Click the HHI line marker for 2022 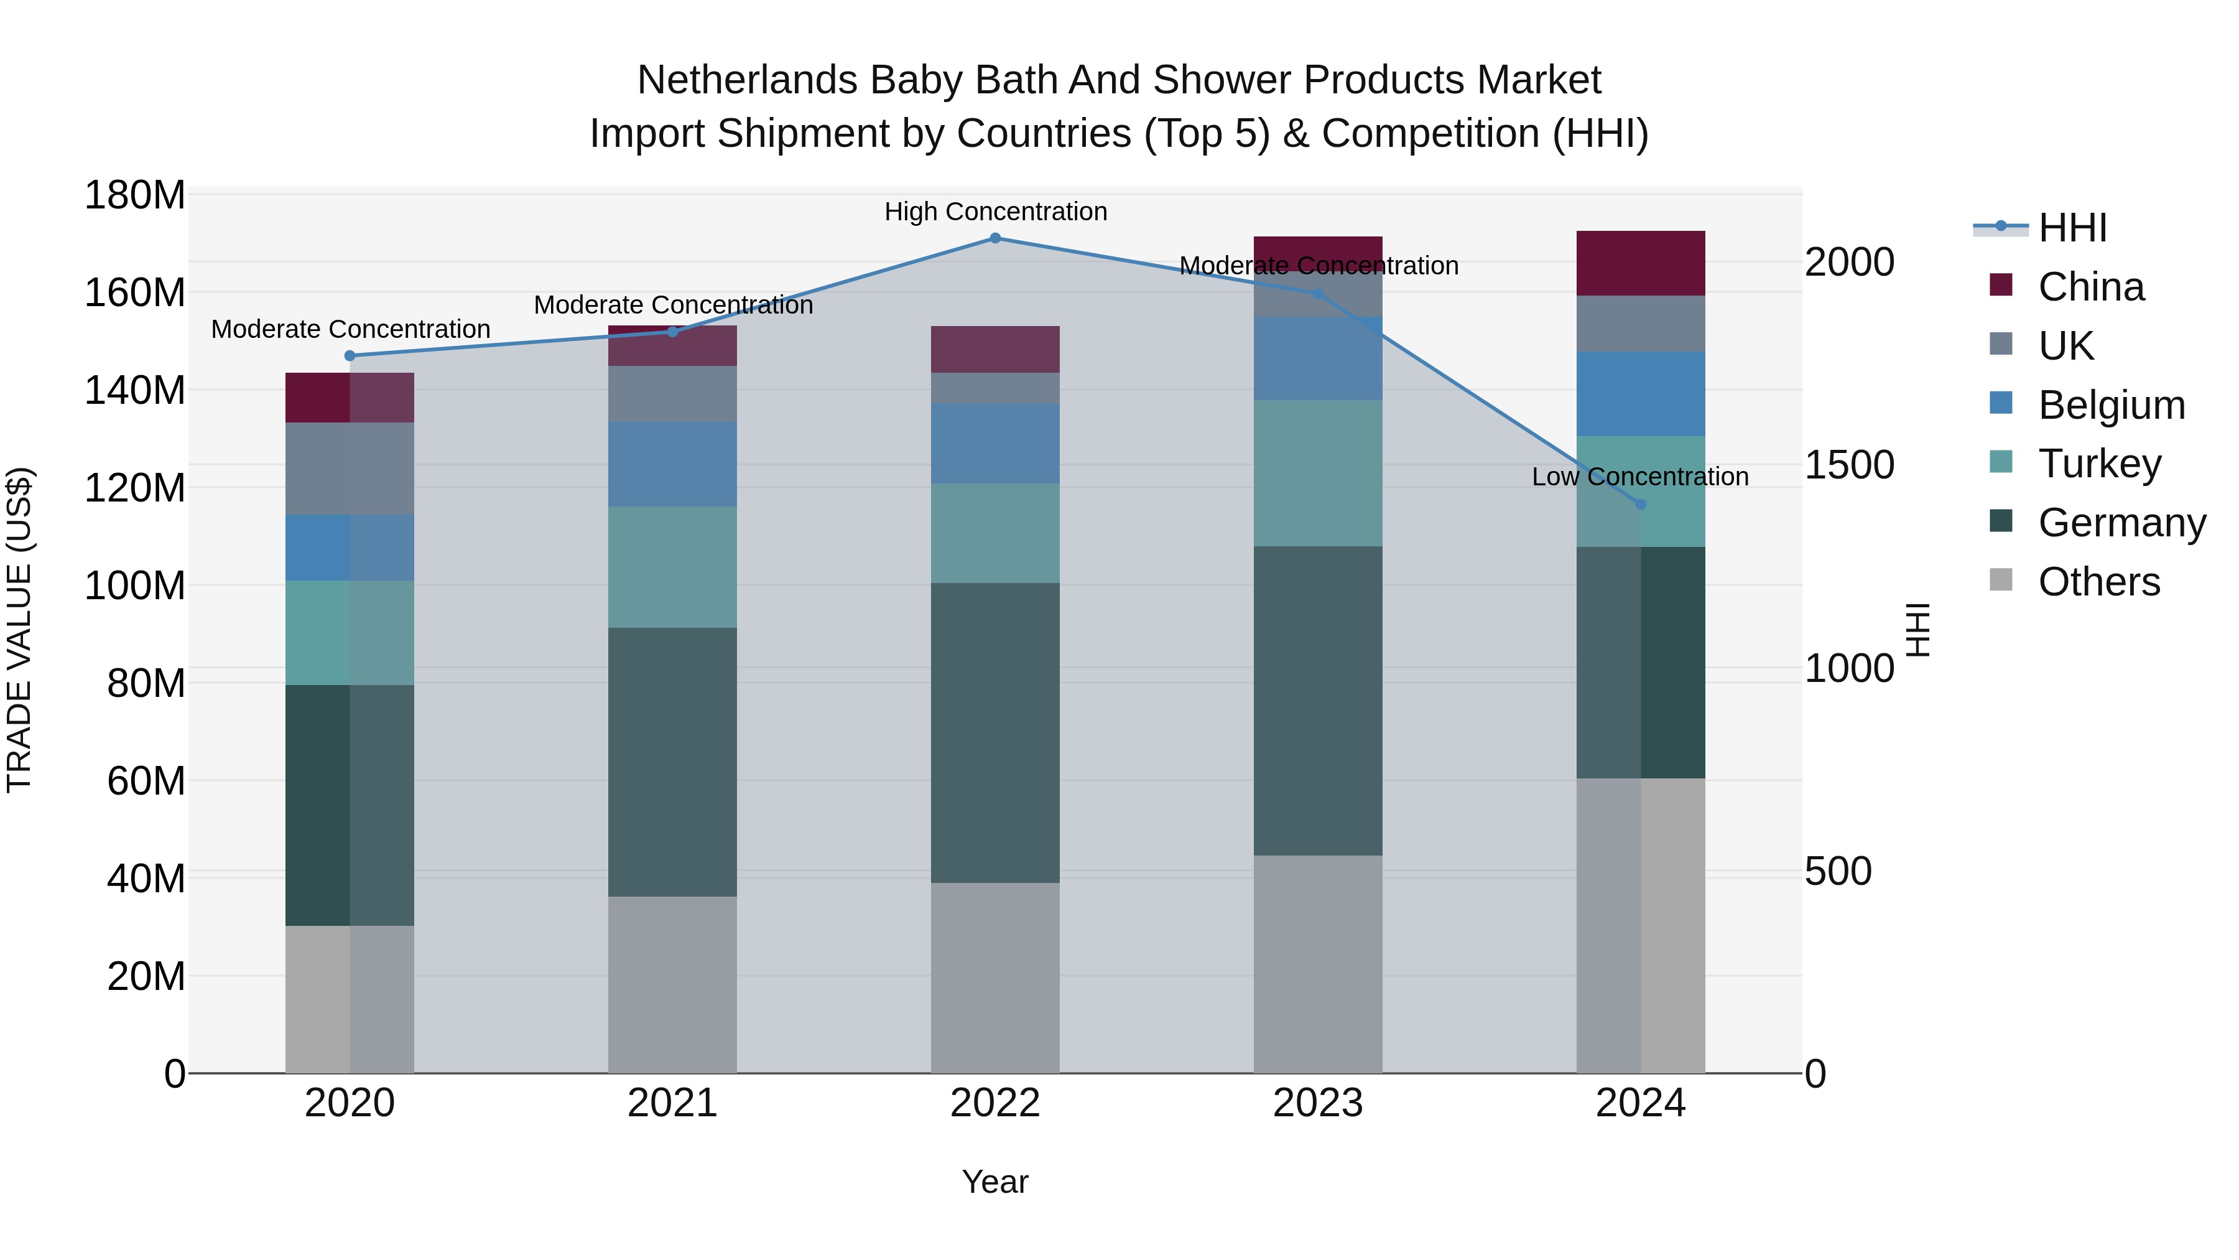click(x=995, y=238)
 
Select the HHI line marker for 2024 click(x=1640, y=505)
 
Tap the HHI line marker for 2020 click(x=350, y=356)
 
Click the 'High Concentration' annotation click(x=995, y=212)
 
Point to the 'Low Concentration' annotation click(x=1639, y=477)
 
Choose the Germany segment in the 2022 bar click(x=995, y=732)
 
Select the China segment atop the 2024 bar click(x=1640, y=263)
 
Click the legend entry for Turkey click(x=2099, y=464)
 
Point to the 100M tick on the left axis click(x=135, y=586)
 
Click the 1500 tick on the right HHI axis click(x=1849, y=465)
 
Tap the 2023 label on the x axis click(x=1318, y=1103)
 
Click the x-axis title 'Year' click(x=994, y=1182)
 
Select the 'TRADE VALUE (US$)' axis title click(x=19, y=630)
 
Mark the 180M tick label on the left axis click(x=135, y=195)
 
